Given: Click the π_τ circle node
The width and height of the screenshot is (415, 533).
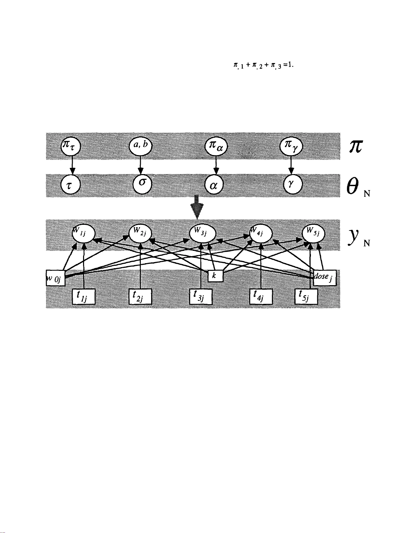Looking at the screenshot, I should [x=71, y=147].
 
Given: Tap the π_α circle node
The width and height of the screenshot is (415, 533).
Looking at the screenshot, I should [x=216, y=147].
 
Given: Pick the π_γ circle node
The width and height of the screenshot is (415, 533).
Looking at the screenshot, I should [x=291, y=147].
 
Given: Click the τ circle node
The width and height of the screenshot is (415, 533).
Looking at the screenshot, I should [x=70, y=184].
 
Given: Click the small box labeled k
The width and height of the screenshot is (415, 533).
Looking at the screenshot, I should [x=215, y=276].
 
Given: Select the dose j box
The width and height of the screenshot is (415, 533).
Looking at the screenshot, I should [x=324, y=277].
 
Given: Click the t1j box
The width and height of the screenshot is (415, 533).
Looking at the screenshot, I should [x=84, y=297].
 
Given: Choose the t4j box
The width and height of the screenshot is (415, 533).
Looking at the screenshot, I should [x=261, y=297].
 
